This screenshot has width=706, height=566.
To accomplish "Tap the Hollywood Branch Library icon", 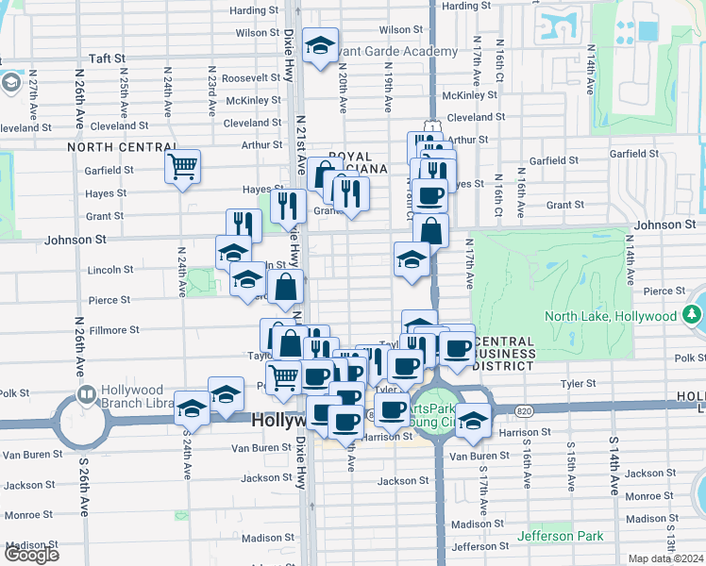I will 85,393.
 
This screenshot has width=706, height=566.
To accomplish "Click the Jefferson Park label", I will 560,536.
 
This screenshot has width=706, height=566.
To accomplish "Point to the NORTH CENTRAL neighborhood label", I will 110,147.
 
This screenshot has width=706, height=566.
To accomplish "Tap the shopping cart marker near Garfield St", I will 182,167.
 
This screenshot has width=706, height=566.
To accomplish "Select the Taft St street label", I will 108,58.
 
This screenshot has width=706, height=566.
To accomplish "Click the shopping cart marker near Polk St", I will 283,377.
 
